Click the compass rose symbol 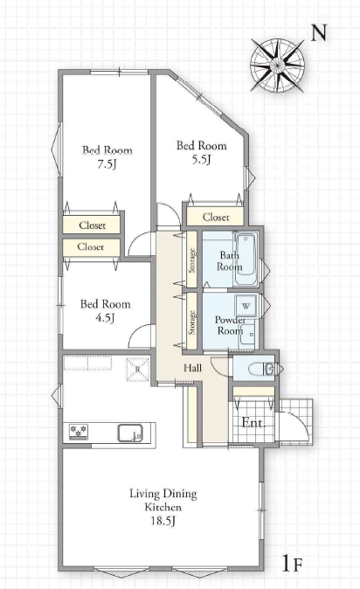tap(277, 66)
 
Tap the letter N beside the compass tap(320, 32)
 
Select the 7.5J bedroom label tap(107, 157)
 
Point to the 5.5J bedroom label tap(202, 153)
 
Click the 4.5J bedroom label tap(105, 310)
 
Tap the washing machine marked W tap(246, 306)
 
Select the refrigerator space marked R tap(137, 370)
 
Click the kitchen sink tap(130, 433)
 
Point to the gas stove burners tap(79, 431)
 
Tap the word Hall tap(192, 368)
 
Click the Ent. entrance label tap(253, 423)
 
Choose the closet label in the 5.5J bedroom tap(216, 217)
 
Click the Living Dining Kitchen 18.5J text tap(163, 507)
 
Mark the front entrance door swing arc tap(300, 420)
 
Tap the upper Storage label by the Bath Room tap(192, 260)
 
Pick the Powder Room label tap(229, 325)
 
